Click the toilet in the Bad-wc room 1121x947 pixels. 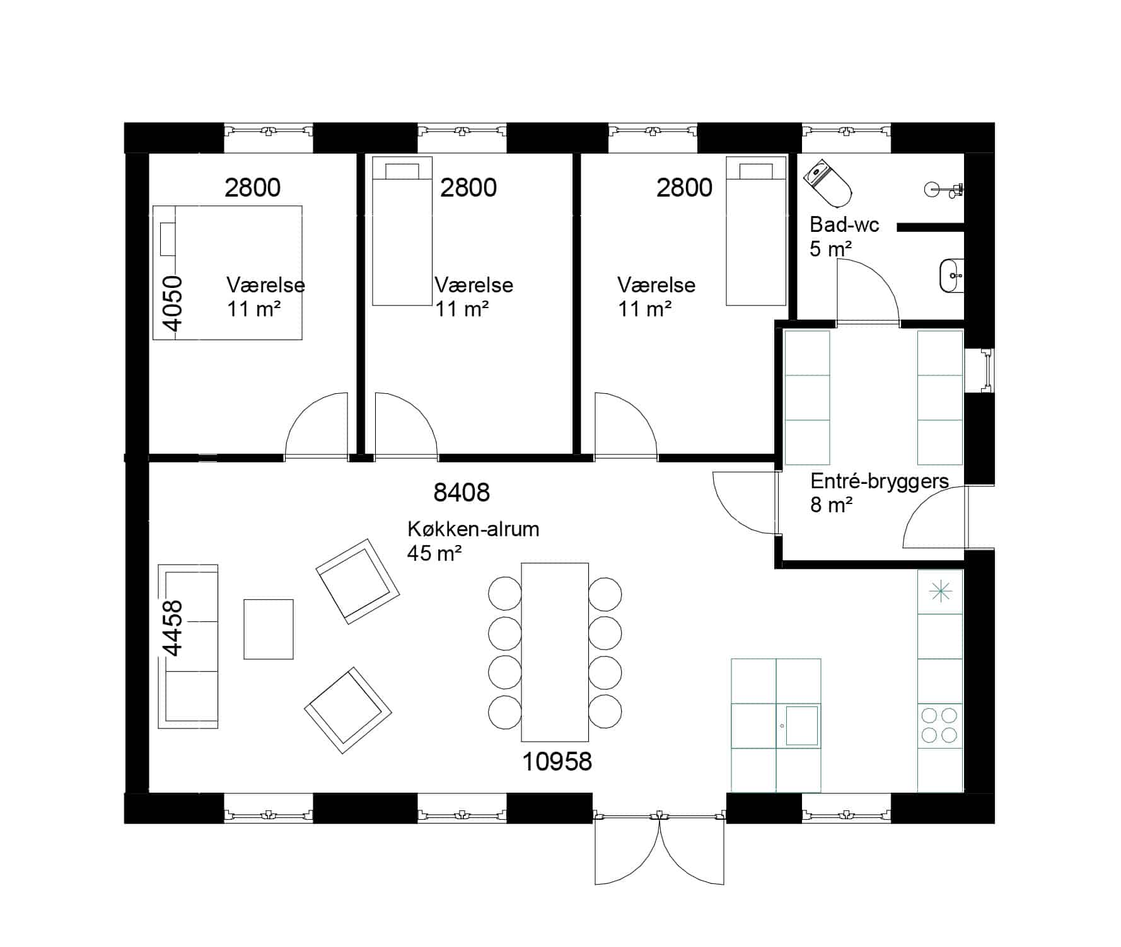tap(827, 183)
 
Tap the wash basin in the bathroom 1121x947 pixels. tap(951, 276)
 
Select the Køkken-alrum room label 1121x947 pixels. tap(473, 529)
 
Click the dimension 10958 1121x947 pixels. tap(557, 762)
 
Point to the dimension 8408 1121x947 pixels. tap(462, 492)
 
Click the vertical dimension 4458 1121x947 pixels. tap(172, 628)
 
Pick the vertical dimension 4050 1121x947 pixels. tap(172, 303)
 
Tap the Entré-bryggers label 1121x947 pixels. tap(880, 481)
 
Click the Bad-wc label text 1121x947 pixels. tap(844, 225)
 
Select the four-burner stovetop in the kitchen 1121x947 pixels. tap(939, 725)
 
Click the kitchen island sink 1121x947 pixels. tap(801, 726)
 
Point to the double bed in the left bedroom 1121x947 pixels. tap(228, 272)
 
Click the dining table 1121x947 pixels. tap(555, 652)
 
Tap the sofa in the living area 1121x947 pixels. tap(188, 646)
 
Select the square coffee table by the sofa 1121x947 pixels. tap(269, 629)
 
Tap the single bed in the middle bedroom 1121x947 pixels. tap(402, 231)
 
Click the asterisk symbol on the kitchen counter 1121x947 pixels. tap(939, 591)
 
